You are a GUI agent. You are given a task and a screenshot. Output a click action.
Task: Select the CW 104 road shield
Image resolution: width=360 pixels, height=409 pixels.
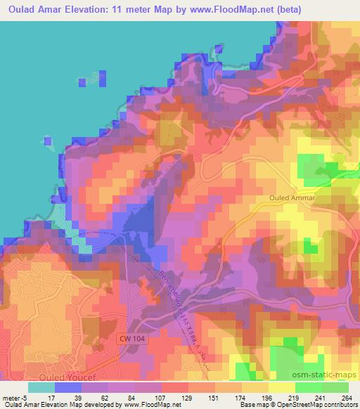pyautogui.click(x=132, y=339)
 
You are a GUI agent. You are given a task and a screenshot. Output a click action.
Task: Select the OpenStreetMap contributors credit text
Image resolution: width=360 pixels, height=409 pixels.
pyautogui.click(x=311, y=405)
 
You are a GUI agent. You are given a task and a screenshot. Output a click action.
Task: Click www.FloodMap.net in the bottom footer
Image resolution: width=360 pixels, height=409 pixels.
pyautogui.click(x=112, y=405)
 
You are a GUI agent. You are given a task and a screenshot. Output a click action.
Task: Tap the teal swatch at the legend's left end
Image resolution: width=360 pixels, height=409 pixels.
pyautogui.click(x=41, y=387)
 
